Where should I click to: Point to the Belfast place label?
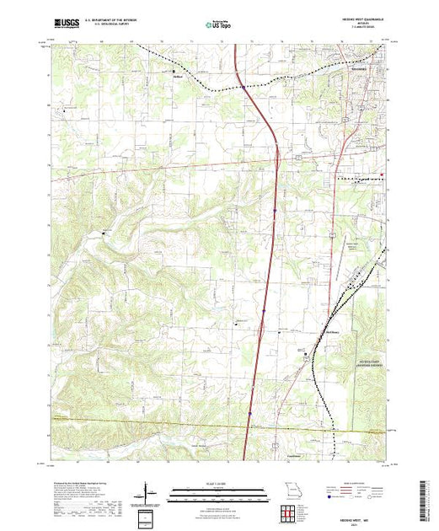(179, 76)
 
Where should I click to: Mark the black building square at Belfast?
(174, 72)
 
